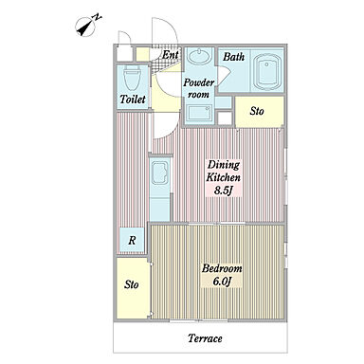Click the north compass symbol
coord(87,25)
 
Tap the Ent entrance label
coord(171,55)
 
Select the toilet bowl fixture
coord(132,80)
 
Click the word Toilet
coord(133,100)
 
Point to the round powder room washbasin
coord(199,57)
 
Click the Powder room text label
coord(199,88)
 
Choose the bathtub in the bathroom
coord(267,72)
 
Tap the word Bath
coord(234,57)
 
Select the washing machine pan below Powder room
coord(199,113)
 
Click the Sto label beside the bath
coord(257,111)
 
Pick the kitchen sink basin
coord(160,173)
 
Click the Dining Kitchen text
coord(223,171)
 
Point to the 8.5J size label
coord(224,191)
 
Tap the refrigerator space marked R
coord(132,240)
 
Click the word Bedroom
coord(222,269)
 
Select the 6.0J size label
coord(223,282)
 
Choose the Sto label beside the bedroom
coord(131,284)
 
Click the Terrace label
coord(205,338)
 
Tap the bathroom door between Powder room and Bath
coord(223,74)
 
